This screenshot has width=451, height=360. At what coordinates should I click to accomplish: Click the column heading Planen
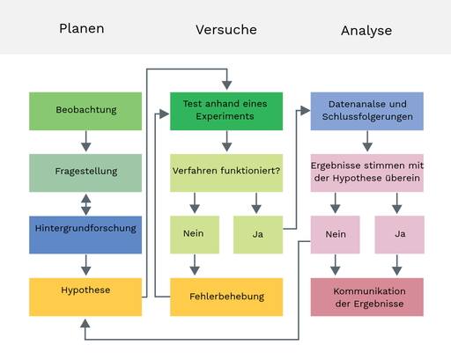(82, 28)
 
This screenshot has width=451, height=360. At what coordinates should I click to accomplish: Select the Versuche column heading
(226, 29)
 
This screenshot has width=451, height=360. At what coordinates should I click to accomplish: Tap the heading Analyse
(366, 31)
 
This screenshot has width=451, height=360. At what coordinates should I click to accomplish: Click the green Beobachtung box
(85, 111)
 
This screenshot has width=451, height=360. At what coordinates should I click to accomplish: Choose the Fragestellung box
(85, 173)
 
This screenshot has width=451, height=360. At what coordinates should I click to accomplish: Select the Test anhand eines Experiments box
(226, 111)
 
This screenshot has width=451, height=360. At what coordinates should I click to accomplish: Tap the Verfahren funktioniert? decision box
(226, 173)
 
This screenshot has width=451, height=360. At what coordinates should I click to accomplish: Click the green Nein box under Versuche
(195, 235)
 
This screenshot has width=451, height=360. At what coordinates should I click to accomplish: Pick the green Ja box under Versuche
(258, 235)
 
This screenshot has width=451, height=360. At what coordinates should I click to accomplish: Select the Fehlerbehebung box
(226, 297)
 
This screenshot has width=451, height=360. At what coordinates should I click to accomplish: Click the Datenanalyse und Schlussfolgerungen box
(366, 111)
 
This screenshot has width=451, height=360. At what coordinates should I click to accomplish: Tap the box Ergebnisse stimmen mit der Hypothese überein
(366, 173)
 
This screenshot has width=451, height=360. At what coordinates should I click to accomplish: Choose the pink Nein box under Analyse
(335, 235)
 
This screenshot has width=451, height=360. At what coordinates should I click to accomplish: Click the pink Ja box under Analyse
(399, 235)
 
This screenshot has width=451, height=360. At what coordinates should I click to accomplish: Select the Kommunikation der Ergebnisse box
(366, 297)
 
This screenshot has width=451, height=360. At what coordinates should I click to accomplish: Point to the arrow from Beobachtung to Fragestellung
(85, 142)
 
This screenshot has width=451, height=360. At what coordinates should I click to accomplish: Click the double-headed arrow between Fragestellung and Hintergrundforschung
(85, 204)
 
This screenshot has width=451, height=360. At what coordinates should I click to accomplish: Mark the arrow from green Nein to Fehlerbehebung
(195, 265)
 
